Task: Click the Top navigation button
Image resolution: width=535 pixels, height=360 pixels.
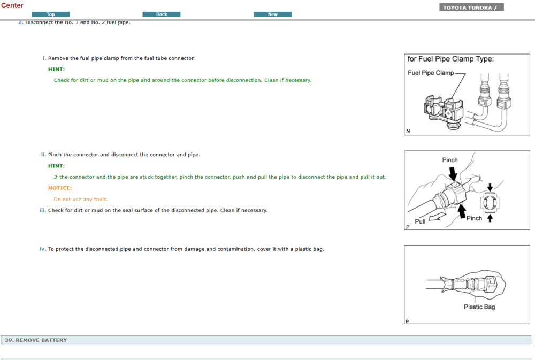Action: click(x=51, y=14)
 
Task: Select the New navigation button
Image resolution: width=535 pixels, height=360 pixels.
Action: click(x=272, y=14)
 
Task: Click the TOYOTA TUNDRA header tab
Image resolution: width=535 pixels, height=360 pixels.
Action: click(x=471, y=7)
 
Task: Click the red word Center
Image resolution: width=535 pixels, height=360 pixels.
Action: click(x=12, y=5)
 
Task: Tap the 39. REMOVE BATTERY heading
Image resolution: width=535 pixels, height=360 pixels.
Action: click(x=36, y=340)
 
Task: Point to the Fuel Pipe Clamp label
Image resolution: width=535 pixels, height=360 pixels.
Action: click(x=430, y=73)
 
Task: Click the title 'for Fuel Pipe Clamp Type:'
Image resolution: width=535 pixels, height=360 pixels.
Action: click(x=450, y=59)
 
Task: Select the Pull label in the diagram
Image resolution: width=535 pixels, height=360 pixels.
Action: click(x=420, y=221)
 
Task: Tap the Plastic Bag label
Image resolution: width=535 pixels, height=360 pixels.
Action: click(x=479, y=307)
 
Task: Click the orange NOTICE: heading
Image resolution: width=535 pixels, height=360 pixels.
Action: click(x=60, y=188)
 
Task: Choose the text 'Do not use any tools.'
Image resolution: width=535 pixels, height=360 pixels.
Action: click(x=81, y=199)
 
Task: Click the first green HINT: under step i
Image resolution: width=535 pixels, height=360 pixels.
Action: click(x=56, y=69)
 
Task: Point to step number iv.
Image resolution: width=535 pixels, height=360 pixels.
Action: click(x=43, y=249)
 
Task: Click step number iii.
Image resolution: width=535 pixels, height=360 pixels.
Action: click(x=43, y=210)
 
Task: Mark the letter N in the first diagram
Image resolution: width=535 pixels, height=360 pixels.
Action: click(x=408, y=131)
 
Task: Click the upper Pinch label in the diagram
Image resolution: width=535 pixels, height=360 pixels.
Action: click(x=450, y=160)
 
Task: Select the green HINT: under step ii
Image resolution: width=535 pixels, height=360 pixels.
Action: click(x=56, y=166)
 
